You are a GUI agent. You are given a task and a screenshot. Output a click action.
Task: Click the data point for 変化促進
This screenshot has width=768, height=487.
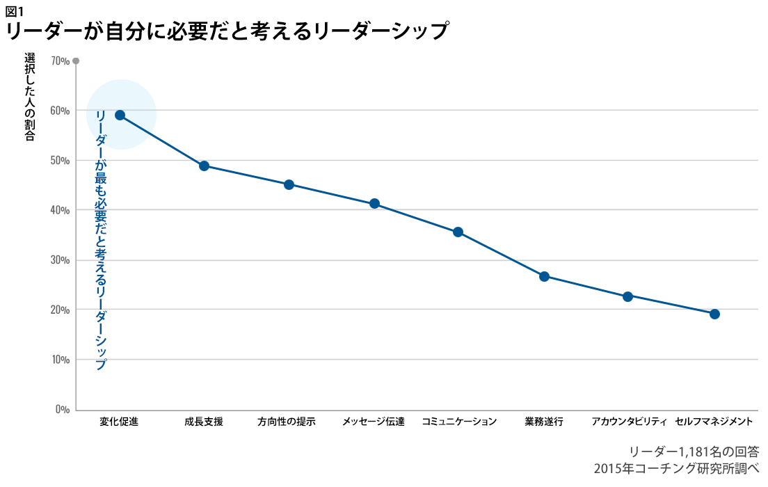click(x=120, y=115)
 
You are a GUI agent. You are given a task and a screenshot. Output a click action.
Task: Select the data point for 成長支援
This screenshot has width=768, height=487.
click(x=204, y=166)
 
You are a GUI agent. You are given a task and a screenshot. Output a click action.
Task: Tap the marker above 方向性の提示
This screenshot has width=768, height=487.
click(x=289, y=184)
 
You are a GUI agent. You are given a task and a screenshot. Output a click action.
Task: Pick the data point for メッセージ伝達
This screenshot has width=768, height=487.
click(x=374, y=204)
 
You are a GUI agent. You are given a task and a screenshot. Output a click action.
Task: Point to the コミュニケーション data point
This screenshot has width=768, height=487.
click(x=458, y=232)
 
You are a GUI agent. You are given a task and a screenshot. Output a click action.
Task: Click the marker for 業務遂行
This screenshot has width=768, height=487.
click(x=544, y=276)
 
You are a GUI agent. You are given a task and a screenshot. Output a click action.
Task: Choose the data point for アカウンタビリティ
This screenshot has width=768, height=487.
click(x=627, y=296)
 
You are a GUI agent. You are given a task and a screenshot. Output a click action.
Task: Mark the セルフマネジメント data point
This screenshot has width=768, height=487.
click(x=714, y=314)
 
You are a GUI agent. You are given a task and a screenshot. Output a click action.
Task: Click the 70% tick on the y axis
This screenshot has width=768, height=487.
click(x=61, y=61)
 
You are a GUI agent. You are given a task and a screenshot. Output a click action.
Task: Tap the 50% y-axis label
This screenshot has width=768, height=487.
click(x=61, y=161)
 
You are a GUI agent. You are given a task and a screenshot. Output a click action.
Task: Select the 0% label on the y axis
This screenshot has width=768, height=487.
click(x=63, y=410)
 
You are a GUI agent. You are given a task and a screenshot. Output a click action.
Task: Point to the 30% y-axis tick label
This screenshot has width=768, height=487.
click(x=61, y=260)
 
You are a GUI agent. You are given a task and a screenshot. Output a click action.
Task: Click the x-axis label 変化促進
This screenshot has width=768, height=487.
click(x=119, y=422)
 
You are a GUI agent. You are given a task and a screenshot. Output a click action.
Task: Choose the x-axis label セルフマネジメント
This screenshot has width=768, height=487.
click(x=714, y=422)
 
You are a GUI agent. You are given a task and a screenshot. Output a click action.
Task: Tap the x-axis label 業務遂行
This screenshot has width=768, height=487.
click(x=544, y=422)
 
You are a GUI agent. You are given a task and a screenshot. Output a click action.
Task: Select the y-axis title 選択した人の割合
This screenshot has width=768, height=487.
click(x=29, y=97)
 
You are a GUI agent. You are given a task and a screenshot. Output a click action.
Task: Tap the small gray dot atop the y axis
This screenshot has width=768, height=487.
click(x=76, y=61)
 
